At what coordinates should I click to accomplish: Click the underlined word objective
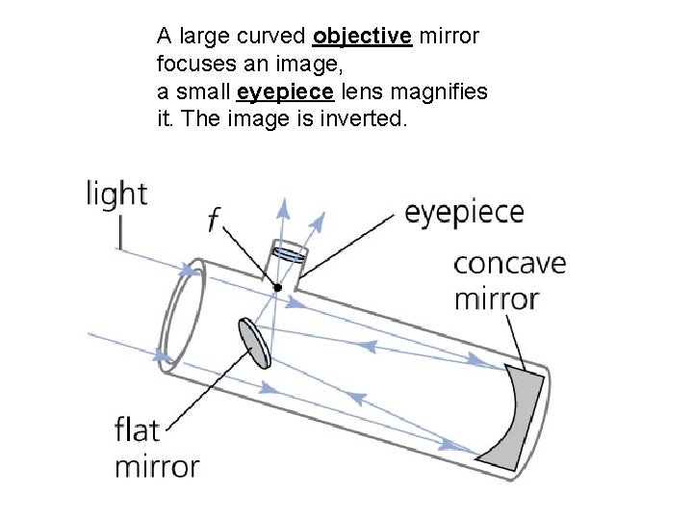point(362,38)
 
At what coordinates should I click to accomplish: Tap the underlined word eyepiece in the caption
point(285,93)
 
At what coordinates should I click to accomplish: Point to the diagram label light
point(116,195)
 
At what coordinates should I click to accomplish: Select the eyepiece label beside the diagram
point(464,213)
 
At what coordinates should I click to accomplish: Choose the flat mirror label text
point(156,448)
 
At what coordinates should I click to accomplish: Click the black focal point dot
point(276,287)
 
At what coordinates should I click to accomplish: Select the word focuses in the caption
point(191,65)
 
